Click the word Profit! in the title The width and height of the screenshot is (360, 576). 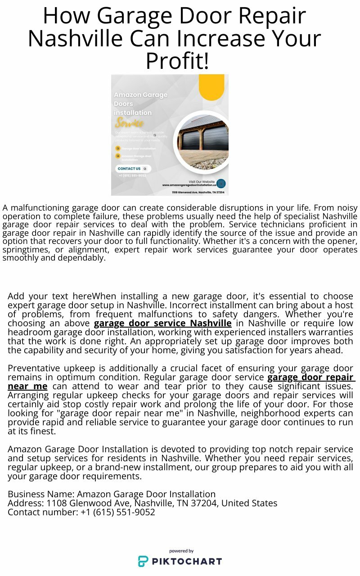(x=177, y=61)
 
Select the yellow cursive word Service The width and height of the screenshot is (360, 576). (x=129, y=123)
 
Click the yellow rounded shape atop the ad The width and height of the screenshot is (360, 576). (x=211, y=86)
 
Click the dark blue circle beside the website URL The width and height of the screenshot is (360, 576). (x=221, y=184)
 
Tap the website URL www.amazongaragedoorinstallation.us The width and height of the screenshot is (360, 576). (x=189, y=185)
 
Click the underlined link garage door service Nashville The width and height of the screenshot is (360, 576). (x=163, y=323)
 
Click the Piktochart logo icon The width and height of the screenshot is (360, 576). (x=143, y=561)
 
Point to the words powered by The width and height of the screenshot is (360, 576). (x=181, y=551)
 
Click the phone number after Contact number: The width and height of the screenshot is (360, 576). (x=118, y=512)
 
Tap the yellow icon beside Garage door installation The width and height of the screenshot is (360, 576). (x=118, y=148)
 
